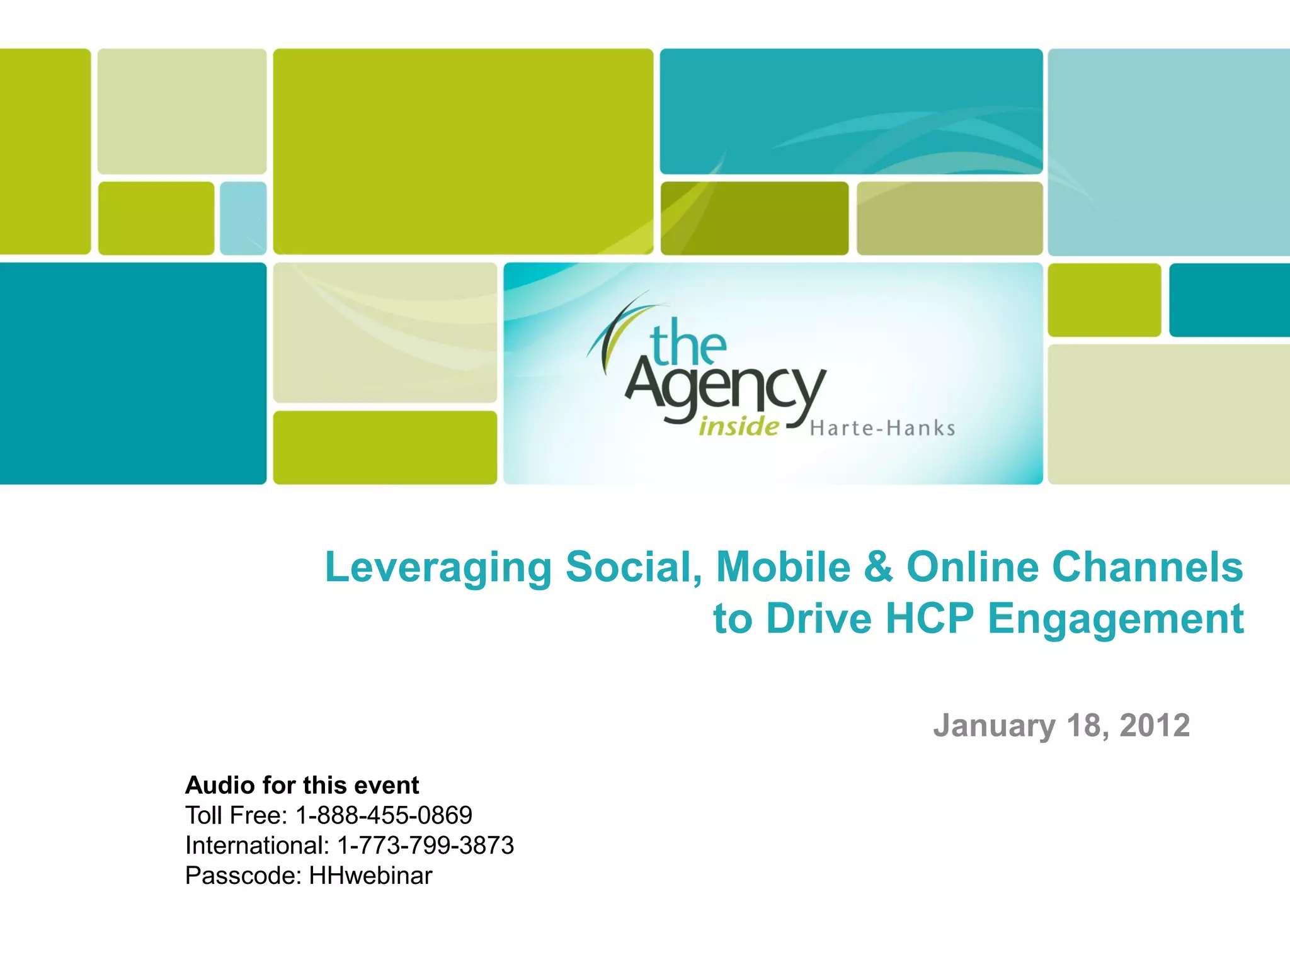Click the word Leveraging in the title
tap(438, 568)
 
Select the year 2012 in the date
tap(1155, 725)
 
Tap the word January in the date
tap(995, 727)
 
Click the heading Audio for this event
tap(302, 785)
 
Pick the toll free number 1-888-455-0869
tap(384, 815)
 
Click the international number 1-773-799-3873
tap(426, 845)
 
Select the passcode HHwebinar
tap(370, 876)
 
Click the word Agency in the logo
tap(724, 386)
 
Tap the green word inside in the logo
tap(738, 427)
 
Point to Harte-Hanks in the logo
tap(882, 429)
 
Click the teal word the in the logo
tap(688, 343)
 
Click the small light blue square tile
tap(243, 218)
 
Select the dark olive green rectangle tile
tap(754, 218)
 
